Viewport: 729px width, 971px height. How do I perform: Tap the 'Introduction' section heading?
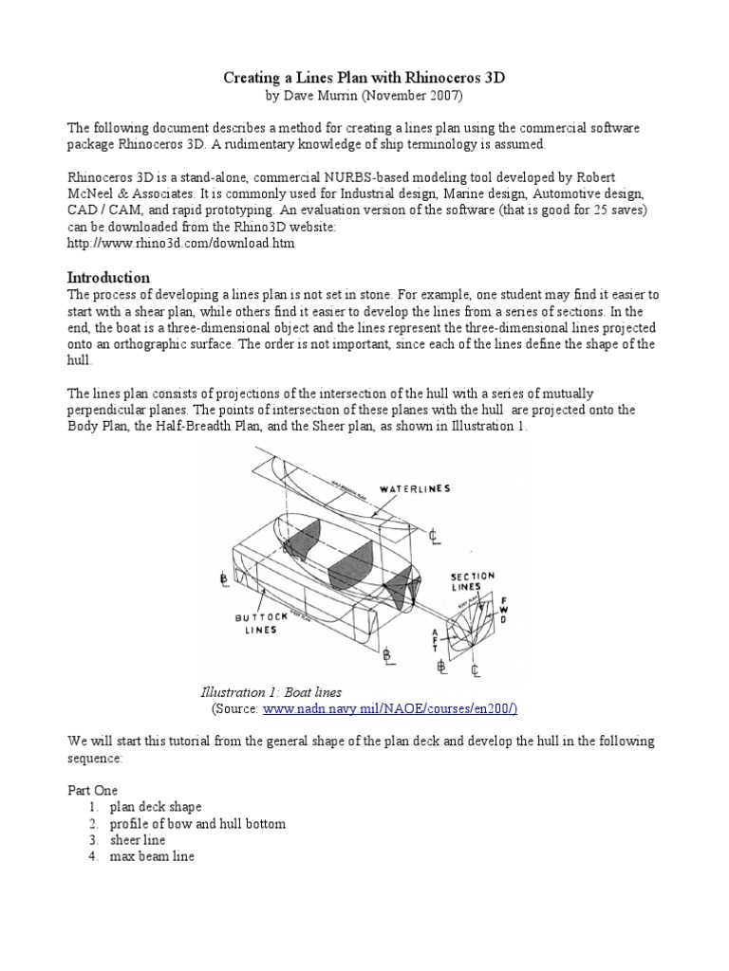(x=108, y=278)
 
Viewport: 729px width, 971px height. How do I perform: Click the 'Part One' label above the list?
(x=92, y=789)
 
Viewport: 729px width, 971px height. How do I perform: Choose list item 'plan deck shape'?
(x=156, y=807)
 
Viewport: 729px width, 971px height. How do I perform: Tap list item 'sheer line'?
(x=138, y=841)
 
